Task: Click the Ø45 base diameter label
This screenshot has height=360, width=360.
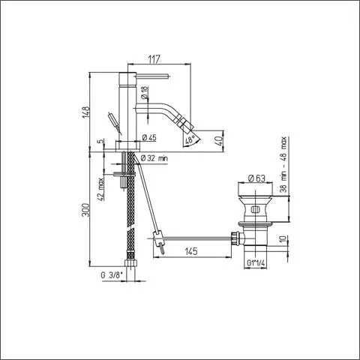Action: coord(148,138)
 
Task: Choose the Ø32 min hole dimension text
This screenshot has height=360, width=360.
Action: coord(154,157)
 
